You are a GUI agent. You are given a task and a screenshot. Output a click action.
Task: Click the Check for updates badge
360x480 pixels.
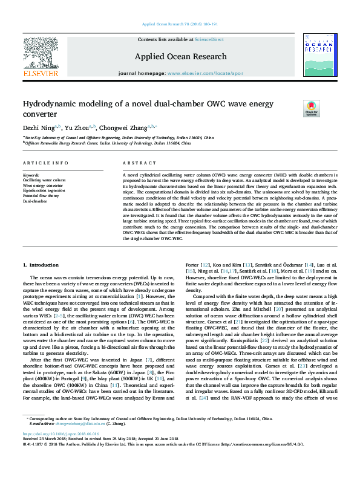pyautogui.click(x=328, y=109)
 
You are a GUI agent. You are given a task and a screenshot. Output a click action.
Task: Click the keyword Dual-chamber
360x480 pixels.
pyautogui.click(x=34, y=201)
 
